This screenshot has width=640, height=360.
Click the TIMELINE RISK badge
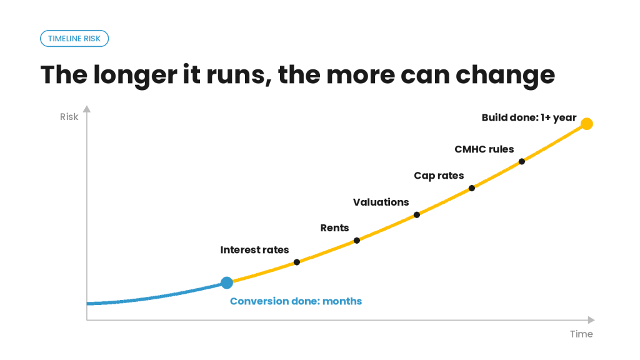coord(74,38)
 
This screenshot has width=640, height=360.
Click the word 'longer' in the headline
coord(135,76)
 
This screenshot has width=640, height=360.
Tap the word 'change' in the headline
coord(505,76)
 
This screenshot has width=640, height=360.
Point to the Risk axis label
coord(69,117)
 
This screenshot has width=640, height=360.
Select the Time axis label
coord(581,334)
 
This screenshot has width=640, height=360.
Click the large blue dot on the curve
coord(227,282)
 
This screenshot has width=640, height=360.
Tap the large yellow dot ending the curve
coord(586,124)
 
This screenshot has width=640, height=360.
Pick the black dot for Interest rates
coord(297,262)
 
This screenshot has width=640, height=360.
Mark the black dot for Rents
coord(357,241)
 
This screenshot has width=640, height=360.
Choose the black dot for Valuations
coord(417,215)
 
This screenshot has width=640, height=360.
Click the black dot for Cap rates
coord(472,188)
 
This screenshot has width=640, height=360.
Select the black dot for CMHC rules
coord(522,162)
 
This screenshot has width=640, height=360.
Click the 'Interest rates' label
coord(255,250)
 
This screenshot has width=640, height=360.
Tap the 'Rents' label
coord(335,227)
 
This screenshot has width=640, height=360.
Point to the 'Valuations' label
coord(381,202)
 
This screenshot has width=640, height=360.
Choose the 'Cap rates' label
coord(439,176)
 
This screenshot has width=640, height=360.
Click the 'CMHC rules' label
coord(484,149)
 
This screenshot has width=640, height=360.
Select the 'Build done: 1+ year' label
coord(529,117)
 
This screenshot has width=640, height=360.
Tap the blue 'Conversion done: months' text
coord(296,301)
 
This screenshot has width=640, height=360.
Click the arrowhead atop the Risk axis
coord(86,109)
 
